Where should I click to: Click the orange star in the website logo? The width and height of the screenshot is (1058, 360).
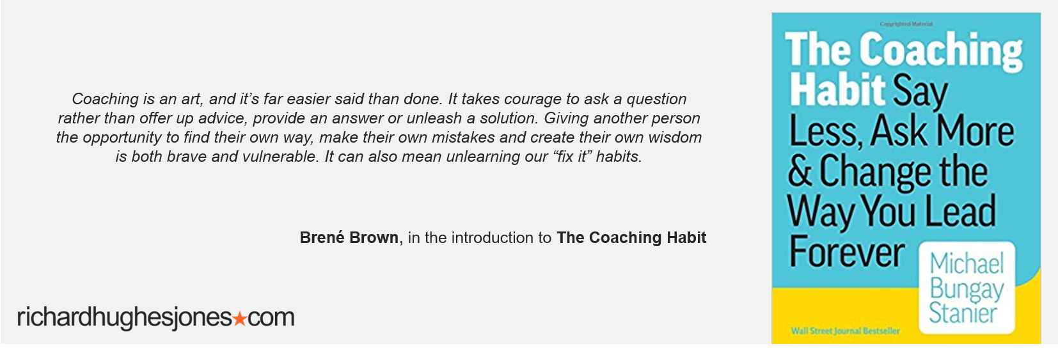(241, 318)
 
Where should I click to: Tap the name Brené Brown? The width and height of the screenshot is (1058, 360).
(349, 237)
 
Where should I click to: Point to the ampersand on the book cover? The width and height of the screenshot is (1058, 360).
(800, 171)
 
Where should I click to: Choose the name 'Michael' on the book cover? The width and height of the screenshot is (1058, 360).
(967, 263)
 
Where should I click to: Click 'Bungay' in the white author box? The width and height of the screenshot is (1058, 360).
(967, 290)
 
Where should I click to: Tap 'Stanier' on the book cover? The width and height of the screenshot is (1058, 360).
(963, 313)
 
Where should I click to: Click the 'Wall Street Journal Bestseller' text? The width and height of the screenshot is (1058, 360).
(846, 331)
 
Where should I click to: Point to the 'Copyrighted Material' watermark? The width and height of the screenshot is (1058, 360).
(906, 24)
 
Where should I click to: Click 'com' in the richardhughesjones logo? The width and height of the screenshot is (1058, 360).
(271, 318)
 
